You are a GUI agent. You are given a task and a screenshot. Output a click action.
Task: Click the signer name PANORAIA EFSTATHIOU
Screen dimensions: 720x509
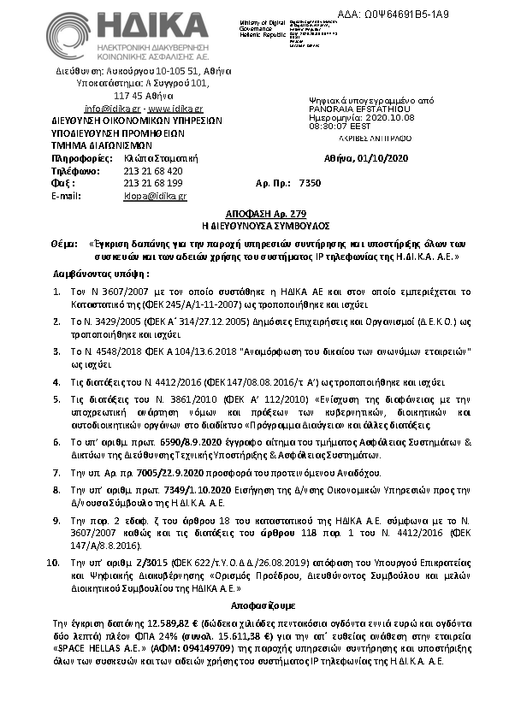click(x=349, y=109)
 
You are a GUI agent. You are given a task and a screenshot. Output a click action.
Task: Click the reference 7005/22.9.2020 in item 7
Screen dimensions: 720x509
click(x=133, y=471)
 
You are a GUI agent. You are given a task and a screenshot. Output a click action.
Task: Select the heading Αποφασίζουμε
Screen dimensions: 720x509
click(x=254, y=602)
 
